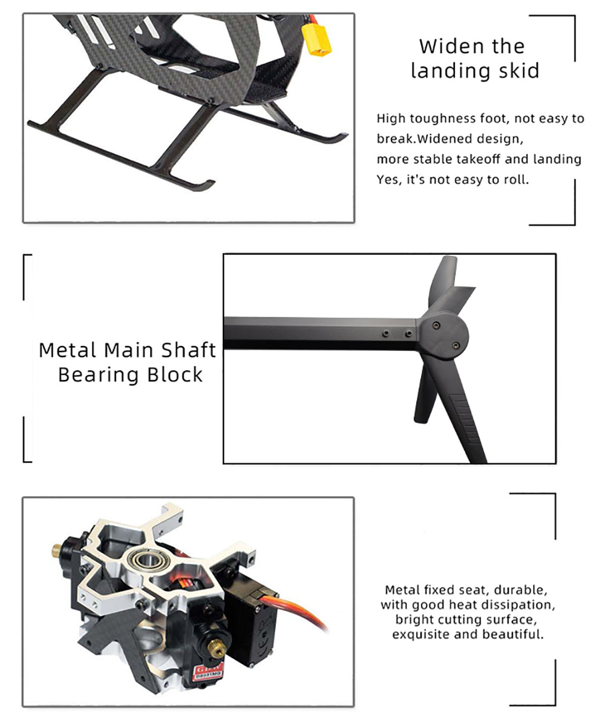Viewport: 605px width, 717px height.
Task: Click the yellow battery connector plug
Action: [316, 40]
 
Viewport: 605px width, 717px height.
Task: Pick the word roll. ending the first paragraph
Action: [516, 179]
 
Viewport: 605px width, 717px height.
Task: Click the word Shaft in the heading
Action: [188, 350]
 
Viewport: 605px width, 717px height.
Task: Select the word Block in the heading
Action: [175, 375]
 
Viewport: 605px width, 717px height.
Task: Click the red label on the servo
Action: [209, 671]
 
